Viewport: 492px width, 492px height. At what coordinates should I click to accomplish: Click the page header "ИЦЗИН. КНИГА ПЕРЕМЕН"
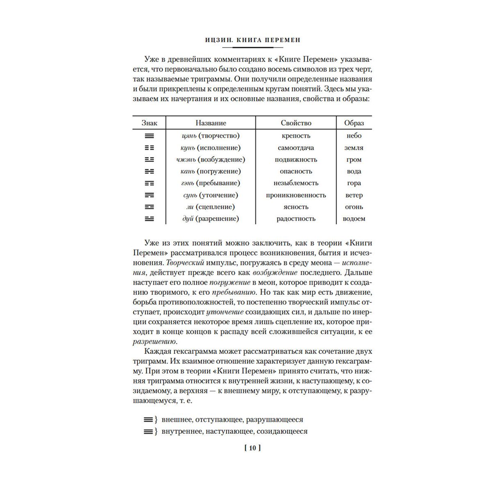click(252, 40)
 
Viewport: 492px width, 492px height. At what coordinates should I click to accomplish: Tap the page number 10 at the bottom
click(252, 448)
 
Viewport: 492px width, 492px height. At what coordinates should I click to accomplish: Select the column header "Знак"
click(149, 123)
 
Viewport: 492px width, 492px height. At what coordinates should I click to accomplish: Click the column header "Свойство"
click(296, 123)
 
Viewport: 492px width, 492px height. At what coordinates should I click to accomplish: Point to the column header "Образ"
click(354, 123)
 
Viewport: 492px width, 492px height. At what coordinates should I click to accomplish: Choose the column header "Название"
click(211, 123)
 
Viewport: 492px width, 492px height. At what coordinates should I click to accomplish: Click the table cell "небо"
click(354, 136)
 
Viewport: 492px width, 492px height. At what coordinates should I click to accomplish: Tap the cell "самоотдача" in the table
click(296, 148)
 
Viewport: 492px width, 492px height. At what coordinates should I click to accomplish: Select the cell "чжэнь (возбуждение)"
click(211, 159)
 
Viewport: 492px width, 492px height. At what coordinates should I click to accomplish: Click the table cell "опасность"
click(296, 171)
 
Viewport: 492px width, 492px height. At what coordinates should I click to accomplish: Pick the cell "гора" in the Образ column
click(354, 183)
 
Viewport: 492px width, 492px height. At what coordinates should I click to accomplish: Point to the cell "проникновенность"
click(296, 195)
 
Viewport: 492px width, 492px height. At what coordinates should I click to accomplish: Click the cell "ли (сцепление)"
click(211, 207)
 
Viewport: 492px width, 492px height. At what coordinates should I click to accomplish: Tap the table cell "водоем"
click(354, 219)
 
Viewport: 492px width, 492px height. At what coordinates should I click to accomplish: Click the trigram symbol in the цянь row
click(149, 136)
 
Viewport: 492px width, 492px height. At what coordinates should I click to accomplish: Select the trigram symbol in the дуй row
click(149, 219)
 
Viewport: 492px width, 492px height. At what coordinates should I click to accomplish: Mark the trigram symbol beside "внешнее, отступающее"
click(148, 420)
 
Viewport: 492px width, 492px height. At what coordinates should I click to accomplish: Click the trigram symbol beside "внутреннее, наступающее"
click(148, 432)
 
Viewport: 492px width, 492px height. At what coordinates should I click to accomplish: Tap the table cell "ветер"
click(354, 195)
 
